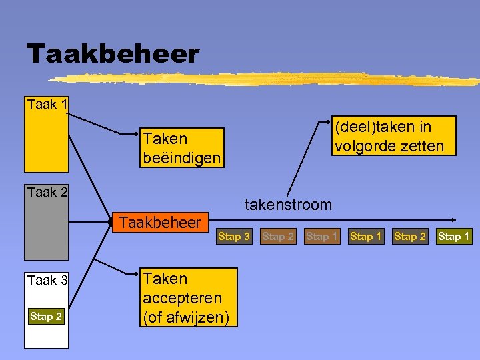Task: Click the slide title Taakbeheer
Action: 113,54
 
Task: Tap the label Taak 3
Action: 47,281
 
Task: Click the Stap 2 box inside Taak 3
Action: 46,317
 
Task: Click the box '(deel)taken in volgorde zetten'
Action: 393,135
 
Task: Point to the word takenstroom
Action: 287,205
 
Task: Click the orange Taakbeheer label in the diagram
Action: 159,223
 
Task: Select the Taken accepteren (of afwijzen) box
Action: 189,297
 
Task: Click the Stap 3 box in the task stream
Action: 234,237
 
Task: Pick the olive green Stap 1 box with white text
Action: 453,237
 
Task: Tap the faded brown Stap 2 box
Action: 278,237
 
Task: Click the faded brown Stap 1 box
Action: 321,237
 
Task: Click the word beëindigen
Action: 181,157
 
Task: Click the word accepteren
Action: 182,297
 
